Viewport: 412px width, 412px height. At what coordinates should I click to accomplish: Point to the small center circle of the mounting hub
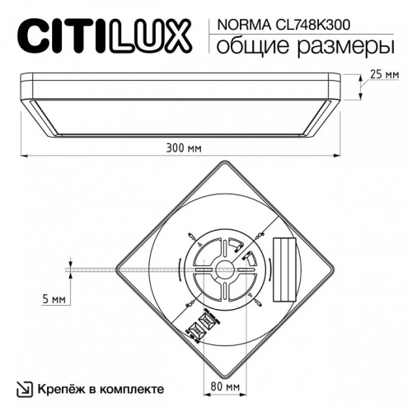click(223, 266)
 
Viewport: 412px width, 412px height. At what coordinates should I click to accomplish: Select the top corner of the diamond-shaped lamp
click(223, 162)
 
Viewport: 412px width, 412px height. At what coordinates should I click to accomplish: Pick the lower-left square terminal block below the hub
click(198, 332)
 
